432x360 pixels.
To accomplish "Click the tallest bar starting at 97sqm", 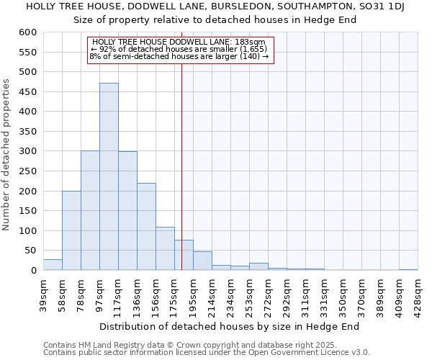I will (109, 176).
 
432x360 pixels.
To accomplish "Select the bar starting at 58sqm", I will (71, 230).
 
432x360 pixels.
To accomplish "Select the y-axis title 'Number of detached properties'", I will (7, 155).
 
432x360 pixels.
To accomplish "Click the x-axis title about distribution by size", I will (229, 326).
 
